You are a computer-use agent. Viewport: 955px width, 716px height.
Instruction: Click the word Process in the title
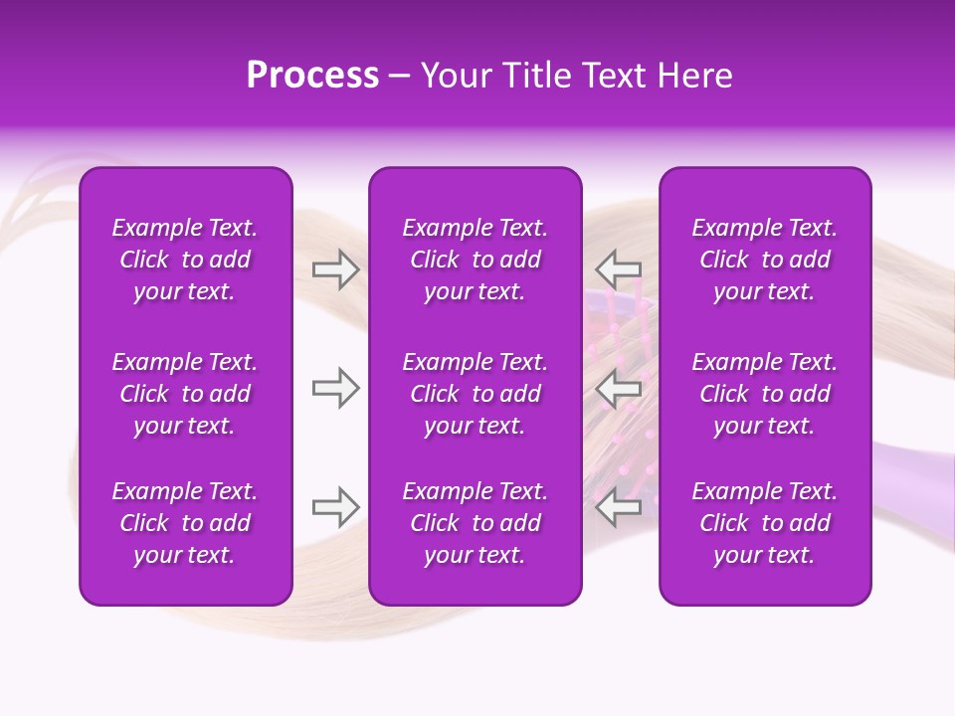click(312, 76)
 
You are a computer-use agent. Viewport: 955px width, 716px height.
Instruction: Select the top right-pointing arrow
click(336, 269)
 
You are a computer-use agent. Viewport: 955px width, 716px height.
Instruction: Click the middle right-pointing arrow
click(336, 388)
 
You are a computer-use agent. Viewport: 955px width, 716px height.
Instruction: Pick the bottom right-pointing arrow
click(336, 507)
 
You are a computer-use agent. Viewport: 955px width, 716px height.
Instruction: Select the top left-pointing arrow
click(619, 269)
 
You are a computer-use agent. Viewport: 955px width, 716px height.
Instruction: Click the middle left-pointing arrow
click(619, 388)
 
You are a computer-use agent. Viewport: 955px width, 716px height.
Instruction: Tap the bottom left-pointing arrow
click(619, 507)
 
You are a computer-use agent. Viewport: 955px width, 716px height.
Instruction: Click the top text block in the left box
click(185, 260)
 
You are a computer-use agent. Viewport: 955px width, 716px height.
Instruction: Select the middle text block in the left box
click(185, 394)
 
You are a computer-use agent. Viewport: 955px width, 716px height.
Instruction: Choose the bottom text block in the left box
click(185, 523)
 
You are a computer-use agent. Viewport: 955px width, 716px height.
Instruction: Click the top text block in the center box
click(475, 260)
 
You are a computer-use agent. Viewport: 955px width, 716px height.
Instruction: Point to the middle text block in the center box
click(475, 394)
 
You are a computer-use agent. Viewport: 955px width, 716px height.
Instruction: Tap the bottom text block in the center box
click(475, 523)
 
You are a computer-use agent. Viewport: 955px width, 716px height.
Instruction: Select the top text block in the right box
click(764, 260)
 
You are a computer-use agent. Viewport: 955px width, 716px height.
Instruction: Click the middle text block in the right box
click(764, 394)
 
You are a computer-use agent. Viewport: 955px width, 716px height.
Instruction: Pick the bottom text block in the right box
click(764, 523)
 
